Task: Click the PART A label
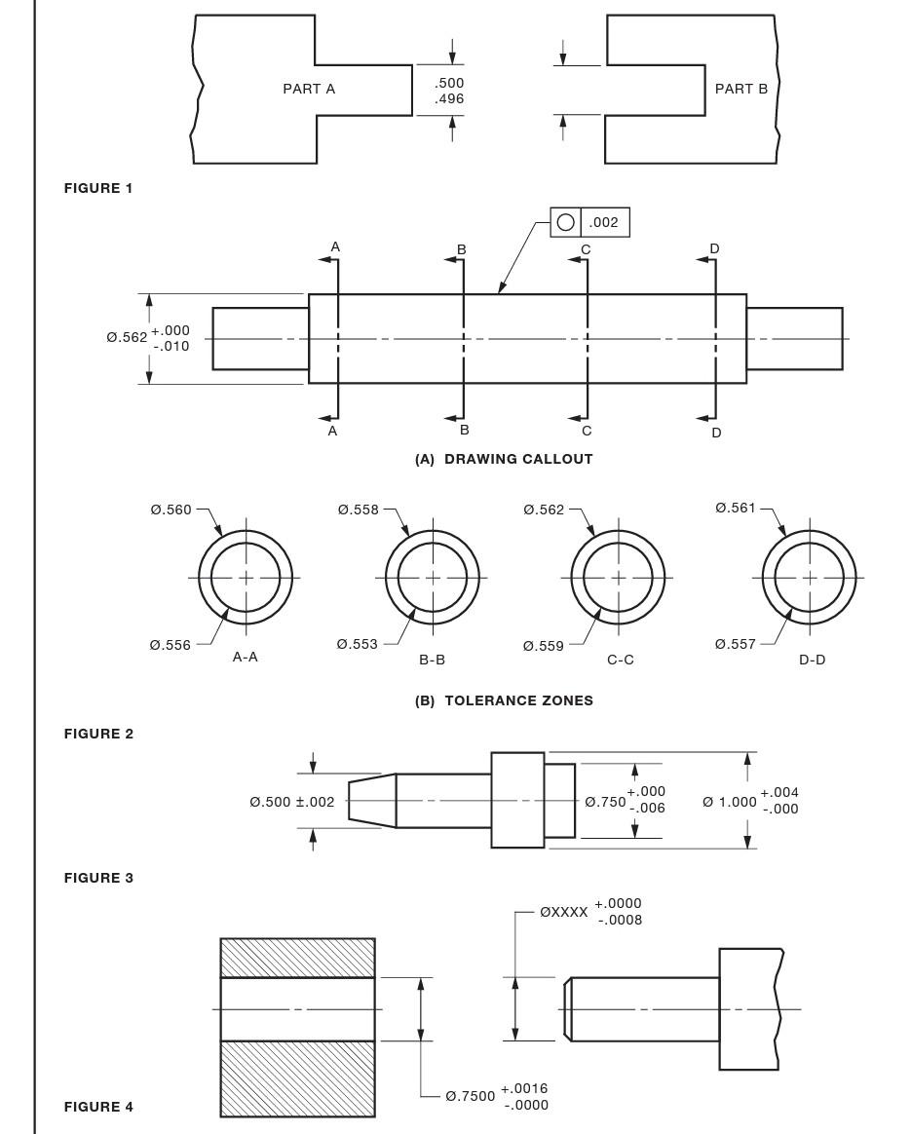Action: pyautogui.click(x=309, y=89)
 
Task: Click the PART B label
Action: pyautogui.click(x=740, y=89)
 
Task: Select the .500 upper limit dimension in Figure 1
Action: pyautogui.click(x=449, y=83)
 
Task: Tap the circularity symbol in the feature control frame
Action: pyautogui.click(x=565, y=222)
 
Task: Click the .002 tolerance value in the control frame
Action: pyautogui.click(x=604, y=222)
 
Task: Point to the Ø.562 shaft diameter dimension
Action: pyautogui.click(x=128, y=338)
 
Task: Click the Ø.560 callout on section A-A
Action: pyautogui.click(x=171, y=510)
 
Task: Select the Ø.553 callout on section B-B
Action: pyautogui.click(x=357, y=644)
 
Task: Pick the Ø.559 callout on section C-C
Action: pyautogui.click(x=543, y=645)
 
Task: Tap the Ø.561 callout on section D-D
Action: pyautogui.click(x=736, y=508)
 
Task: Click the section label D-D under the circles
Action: pyautogui.click(x=812, y=660)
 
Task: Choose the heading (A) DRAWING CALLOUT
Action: pyautogui.click(x=504, y=459)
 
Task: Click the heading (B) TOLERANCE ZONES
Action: pyautogui.click(x=504, y=700)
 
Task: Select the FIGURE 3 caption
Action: pyautogui.click(x=98, y=878)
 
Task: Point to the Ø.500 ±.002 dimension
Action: pyautogui.click(x=291, y=802)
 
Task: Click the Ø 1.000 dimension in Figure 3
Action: pyautogui.click(x=730, y=802)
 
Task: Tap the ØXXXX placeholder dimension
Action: pyautogui.click(x=564, y=913)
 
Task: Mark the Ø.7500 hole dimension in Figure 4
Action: pyautogui.click(x=471, y=1096)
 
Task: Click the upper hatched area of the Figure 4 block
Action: pyautogui.click(x=297, y=958)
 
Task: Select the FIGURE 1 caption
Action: pyautogui.click(x=98, y=188)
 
